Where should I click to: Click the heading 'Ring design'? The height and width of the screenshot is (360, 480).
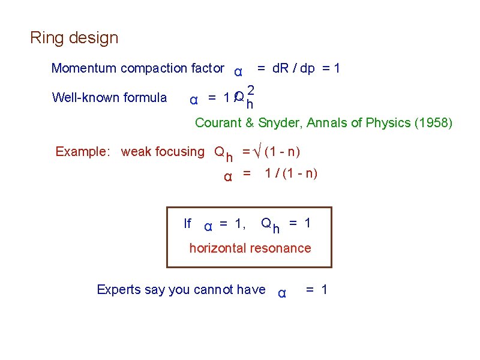click(74, 38)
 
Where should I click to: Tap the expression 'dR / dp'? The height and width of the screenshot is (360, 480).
click(293, 68)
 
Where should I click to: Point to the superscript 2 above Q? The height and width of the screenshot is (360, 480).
click(251, 91)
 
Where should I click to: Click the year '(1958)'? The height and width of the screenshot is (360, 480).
click(434, 123)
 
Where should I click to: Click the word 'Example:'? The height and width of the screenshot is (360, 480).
click(80, 152)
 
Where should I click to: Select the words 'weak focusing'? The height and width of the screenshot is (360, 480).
click(163, 152)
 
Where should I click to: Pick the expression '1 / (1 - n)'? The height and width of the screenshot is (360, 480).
click(291, 174)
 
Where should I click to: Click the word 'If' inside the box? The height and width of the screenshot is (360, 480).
click(187, 224)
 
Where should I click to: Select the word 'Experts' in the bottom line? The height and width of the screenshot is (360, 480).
click(118, 290)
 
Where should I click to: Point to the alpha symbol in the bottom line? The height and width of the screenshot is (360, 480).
click(281, 293)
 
